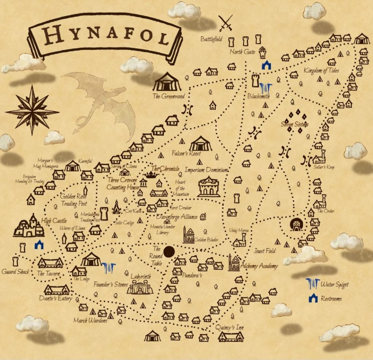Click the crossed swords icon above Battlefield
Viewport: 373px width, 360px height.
(225, 24)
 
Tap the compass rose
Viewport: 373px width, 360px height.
(32, 110)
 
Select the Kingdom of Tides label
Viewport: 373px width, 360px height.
(322, 71)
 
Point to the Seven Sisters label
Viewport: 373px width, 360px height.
(295, 124)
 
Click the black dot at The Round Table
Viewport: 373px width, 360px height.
(169, 251)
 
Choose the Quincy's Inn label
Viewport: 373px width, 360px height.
(230, 328)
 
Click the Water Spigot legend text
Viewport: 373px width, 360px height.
(335, 284)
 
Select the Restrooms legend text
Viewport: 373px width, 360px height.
(331, 298)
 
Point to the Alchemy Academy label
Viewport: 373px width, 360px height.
(259, 266)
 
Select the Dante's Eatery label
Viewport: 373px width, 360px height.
(55, 299)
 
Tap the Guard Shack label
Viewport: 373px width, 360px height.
(16, 271)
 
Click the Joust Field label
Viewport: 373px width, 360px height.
(265, 251)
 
